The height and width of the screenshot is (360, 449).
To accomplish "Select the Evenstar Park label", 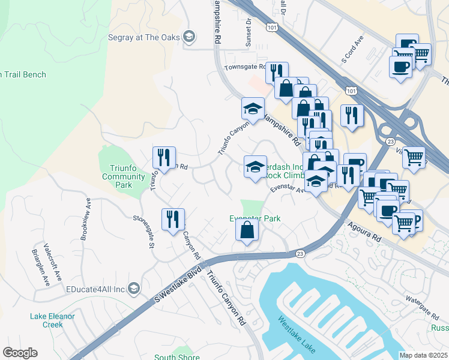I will [x=255, y=219].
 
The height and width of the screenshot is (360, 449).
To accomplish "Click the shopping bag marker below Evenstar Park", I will [x=247, y=229].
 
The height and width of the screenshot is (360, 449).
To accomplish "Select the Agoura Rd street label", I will [x=364, y=230].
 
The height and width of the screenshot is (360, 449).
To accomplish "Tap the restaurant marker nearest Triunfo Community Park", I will [x=164, y=157].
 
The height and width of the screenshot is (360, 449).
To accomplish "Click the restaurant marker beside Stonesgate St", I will [x=173, y=219].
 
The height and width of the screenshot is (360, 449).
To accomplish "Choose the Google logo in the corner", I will [x=20, y=353].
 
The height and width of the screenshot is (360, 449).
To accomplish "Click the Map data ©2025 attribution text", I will [x=423, y=355].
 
